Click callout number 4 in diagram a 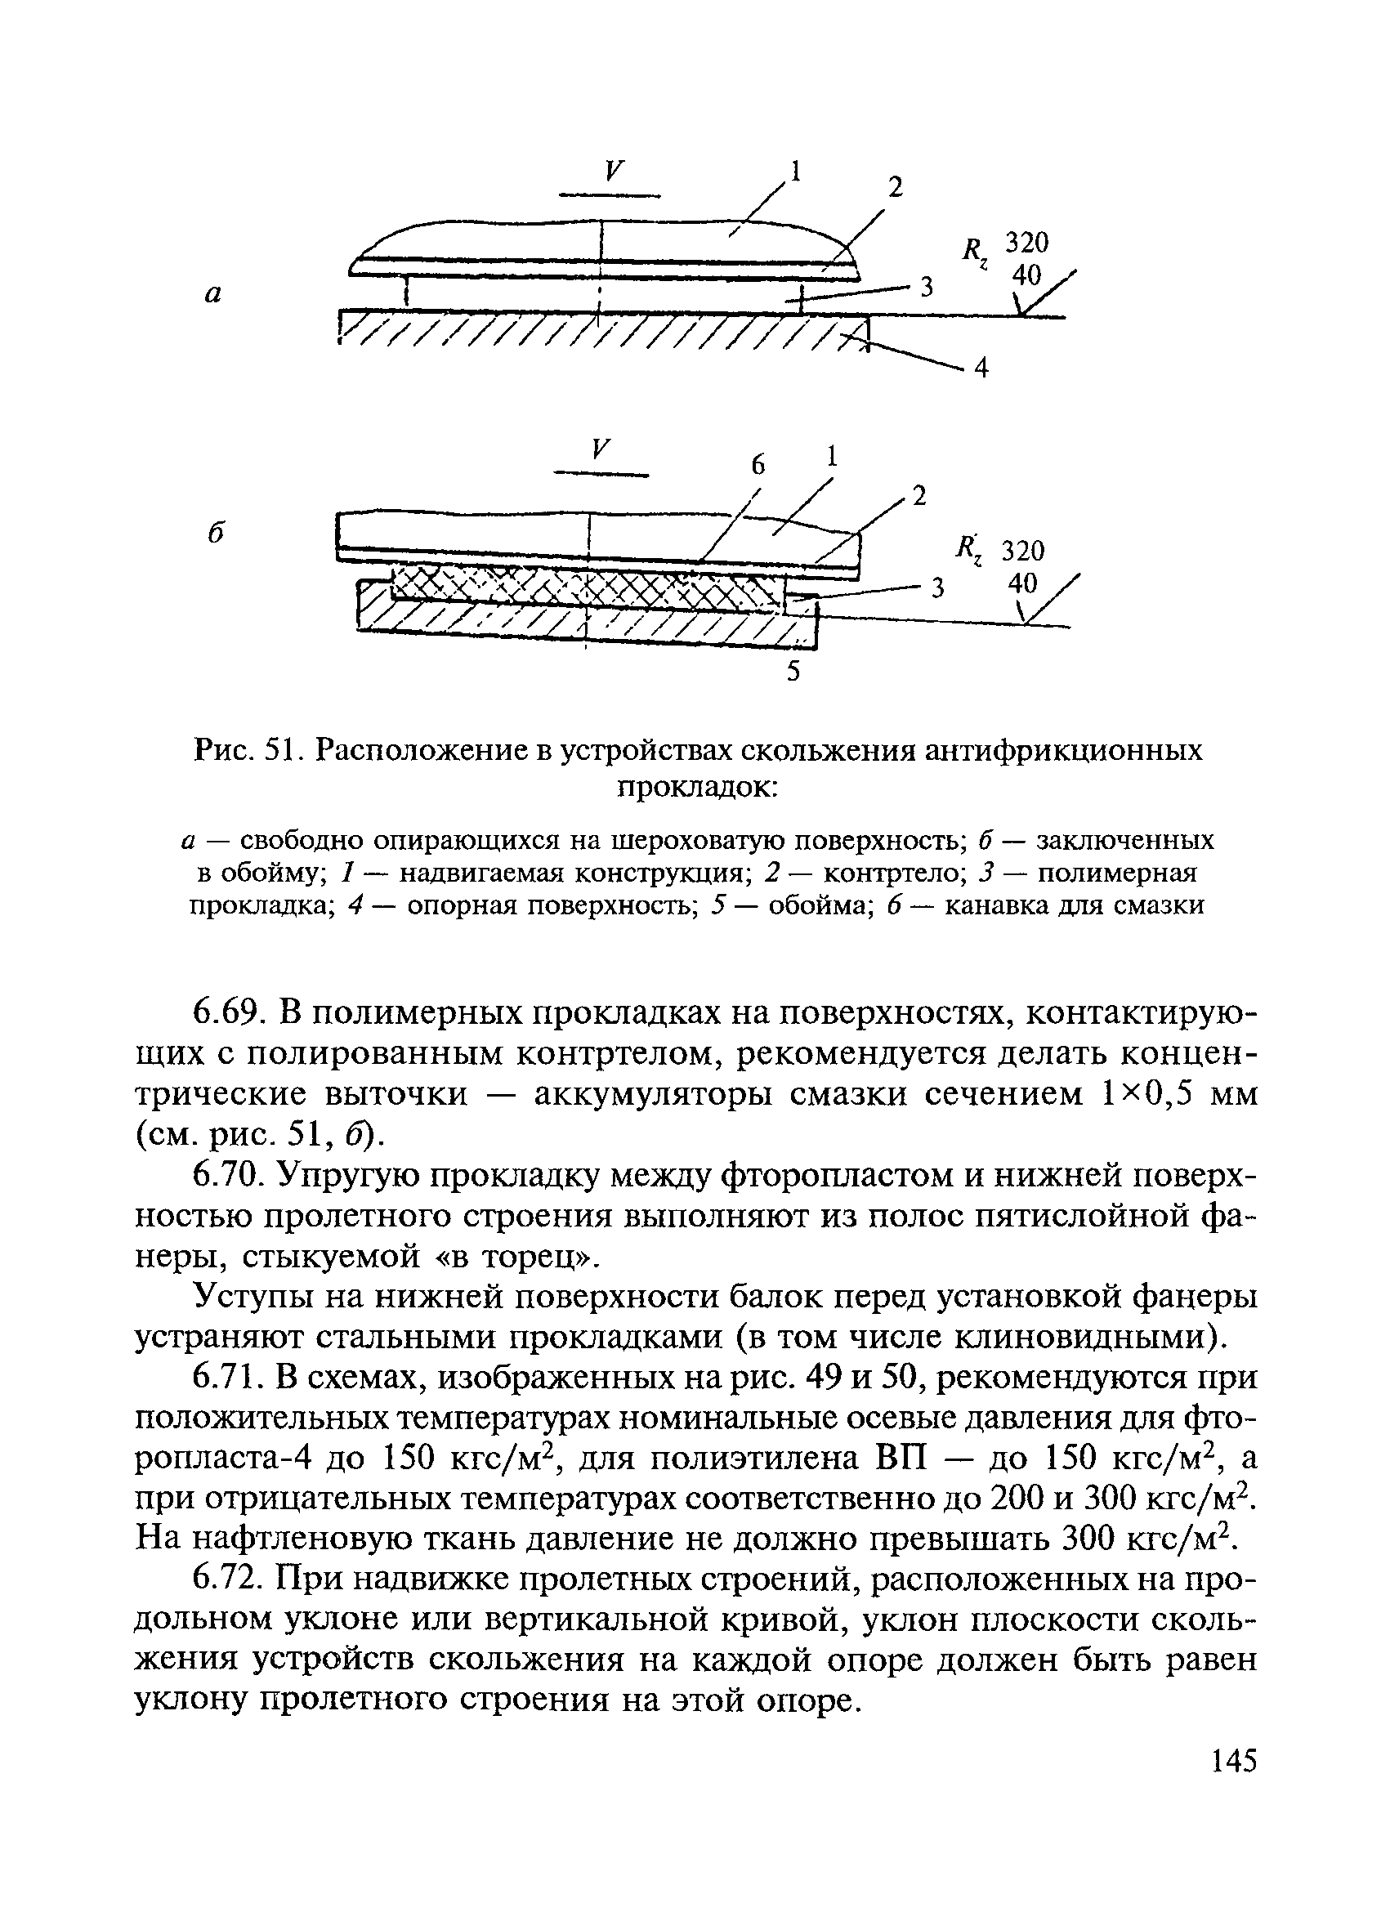tap(981, 368)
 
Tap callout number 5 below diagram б tap(793, 672)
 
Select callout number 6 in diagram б tap(758, 465)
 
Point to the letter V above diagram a tap(610, 171)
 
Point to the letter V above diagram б tap(601, 449)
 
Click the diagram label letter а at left tap(213, 293)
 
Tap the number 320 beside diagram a tap(1026, 243)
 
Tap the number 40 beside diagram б tap(1022, 583)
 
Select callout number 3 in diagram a tap(926, 288)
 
